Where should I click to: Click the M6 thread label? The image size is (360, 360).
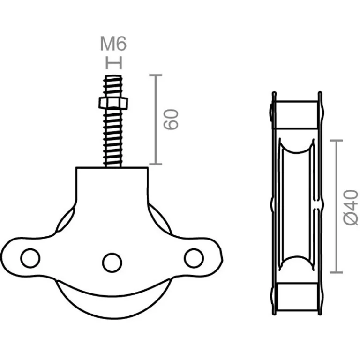point(113,44)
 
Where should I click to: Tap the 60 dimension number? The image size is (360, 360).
point(171,120)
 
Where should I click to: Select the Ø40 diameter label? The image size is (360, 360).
point(351,207)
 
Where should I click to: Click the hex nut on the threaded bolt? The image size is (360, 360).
point(113,103)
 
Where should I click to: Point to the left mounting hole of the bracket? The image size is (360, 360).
point(30,258)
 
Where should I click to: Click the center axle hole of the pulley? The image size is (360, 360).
point(112,263)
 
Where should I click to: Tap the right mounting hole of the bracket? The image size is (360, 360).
point(194,258)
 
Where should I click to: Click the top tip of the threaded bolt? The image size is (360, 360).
point(113,76)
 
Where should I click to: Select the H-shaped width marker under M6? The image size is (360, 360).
point(113,63)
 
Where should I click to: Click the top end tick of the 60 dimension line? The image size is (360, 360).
point(156,75)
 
